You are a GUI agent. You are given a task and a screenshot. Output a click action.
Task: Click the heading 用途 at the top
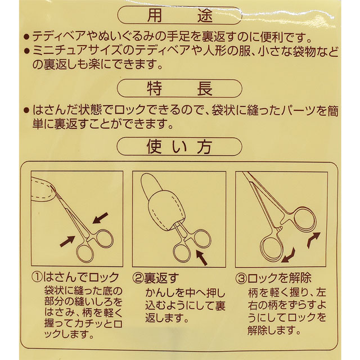(x=179, y=16)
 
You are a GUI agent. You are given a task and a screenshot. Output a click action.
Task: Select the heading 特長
(x=179, y=88)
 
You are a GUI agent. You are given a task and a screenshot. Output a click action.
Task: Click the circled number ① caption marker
(x=37, y=277)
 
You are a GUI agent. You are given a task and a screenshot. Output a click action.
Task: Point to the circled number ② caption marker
(x=138, y=278)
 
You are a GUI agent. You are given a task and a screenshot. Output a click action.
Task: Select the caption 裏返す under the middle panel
(x=161, y=278)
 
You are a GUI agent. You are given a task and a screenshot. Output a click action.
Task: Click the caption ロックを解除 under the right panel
(x=280, y=278)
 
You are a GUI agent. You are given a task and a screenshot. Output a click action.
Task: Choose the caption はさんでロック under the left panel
(x=81, y=277)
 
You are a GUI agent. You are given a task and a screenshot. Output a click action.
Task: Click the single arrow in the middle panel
(x=201, y=258)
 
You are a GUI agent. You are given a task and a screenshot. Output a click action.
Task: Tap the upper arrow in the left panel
(x=100, y=218)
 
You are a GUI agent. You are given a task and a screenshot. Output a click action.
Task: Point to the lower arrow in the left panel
(x=67, y=241)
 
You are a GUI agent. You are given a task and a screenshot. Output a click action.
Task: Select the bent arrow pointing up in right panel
(x=313, y=240)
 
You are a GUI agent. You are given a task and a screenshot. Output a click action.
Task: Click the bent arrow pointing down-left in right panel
(x=290, y=256)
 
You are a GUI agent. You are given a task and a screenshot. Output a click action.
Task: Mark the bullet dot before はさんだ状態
(x=26, y=110)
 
